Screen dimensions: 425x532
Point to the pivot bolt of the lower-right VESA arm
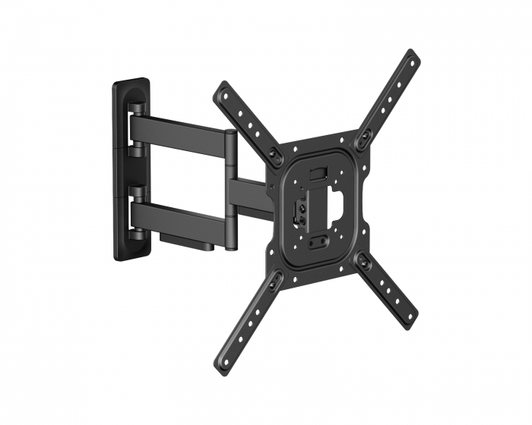coord(364,263)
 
